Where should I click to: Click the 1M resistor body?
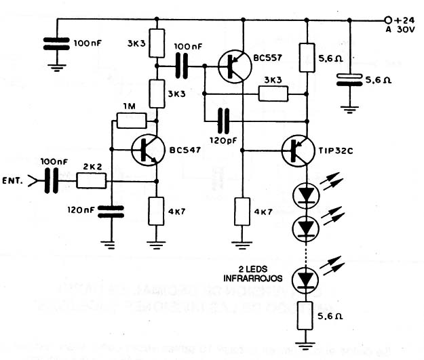click(132, 121)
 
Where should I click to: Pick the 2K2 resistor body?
click(91, 180)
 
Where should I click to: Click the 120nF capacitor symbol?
click(110, 212)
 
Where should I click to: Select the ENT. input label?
click(12, 181)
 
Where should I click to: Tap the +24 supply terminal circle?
click(389, 20)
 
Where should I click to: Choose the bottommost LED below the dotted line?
click(306, 278)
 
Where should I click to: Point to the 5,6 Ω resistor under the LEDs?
click(306, 316)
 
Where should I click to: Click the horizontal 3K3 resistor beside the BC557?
click(273, 93)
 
